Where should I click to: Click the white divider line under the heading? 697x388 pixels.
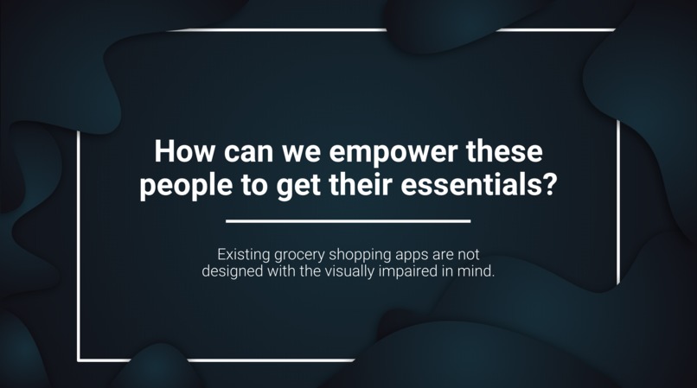(x=348, y=221)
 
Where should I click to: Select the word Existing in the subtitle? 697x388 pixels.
(x=242, y=255)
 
